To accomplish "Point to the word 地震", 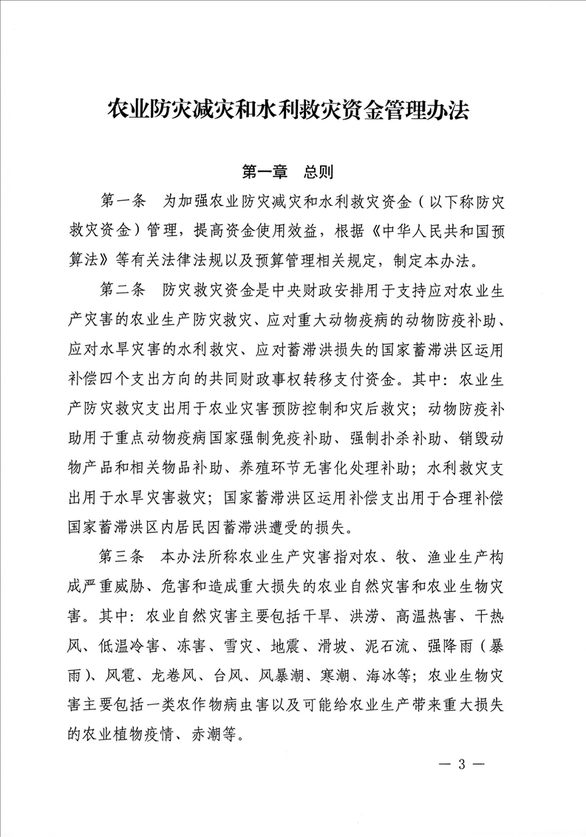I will click(x=263, y=645).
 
